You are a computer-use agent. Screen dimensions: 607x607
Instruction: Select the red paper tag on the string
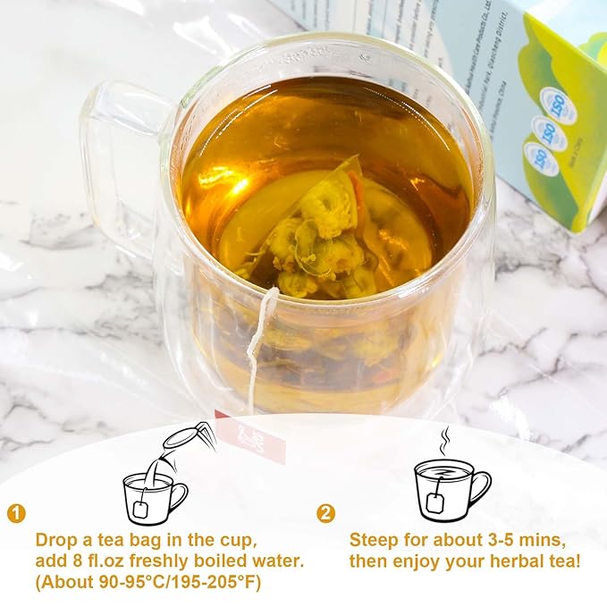tap(260, 438)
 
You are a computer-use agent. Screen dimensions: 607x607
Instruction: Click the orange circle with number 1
tap(16, 513)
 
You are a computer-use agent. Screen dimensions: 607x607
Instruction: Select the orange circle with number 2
tap(326, 513)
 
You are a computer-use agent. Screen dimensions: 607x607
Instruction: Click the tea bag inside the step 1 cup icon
tap(140, 508)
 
